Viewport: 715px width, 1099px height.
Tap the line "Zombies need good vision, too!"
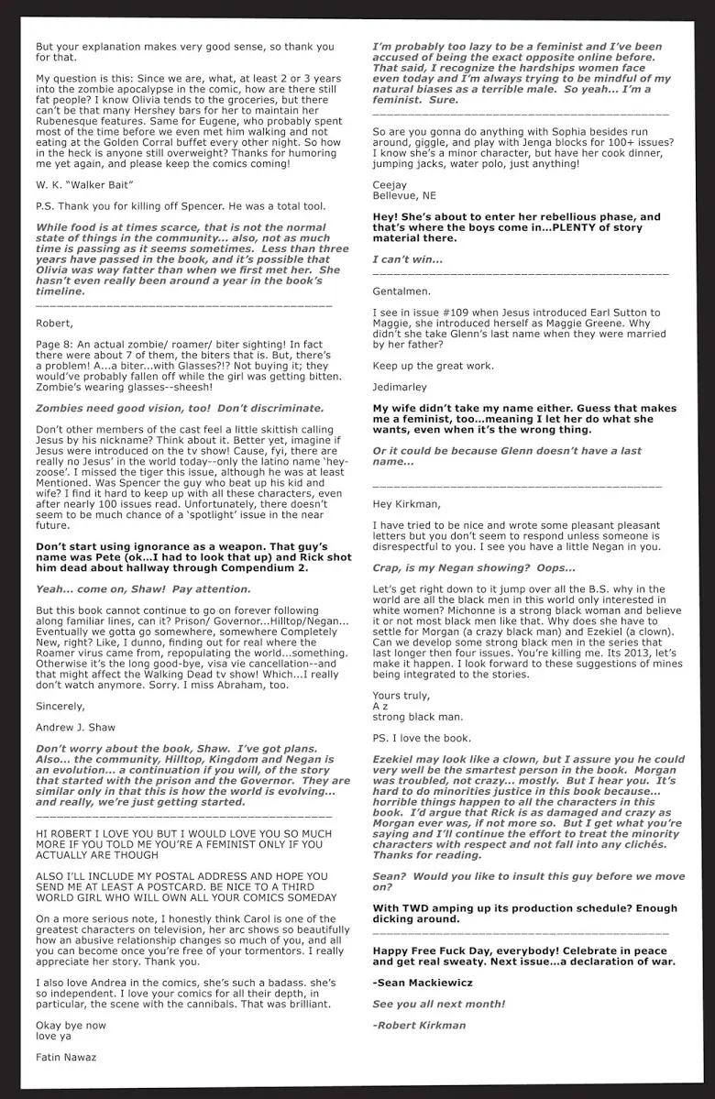click(180, 408)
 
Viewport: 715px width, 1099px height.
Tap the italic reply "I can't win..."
click(407, 259)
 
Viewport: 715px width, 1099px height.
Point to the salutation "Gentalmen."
click(401, 291)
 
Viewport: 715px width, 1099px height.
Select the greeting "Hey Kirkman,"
click(407, 504)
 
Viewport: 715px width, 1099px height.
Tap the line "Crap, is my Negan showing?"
click(474, 568)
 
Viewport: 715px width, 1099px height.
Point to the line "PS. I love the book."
click(423, 738)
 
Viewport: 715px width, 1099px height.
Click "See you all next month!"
click(439, 1004)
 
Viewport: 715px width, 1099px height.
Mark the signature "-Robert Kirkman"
click(419, 1025)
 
